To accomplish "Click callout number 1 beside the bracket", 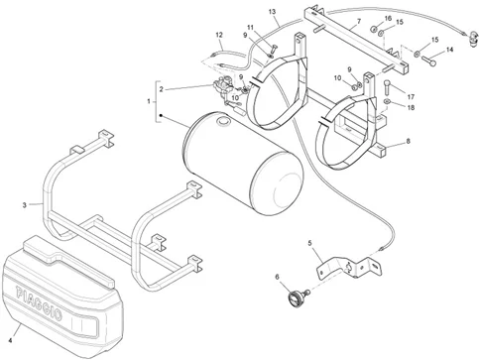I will tap(149, 101).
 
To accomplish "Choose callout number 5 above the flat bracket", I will tap(309, 243).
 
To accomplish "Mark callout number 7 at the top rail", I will tap(358, 21).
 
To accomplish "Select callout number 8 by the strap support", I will tap(406, 143).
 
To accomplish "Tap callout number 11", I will tap(250, 27).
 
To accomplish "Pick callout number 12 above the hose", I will tap(219, 36).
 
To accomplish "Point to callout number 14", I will tap(449, 49).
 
